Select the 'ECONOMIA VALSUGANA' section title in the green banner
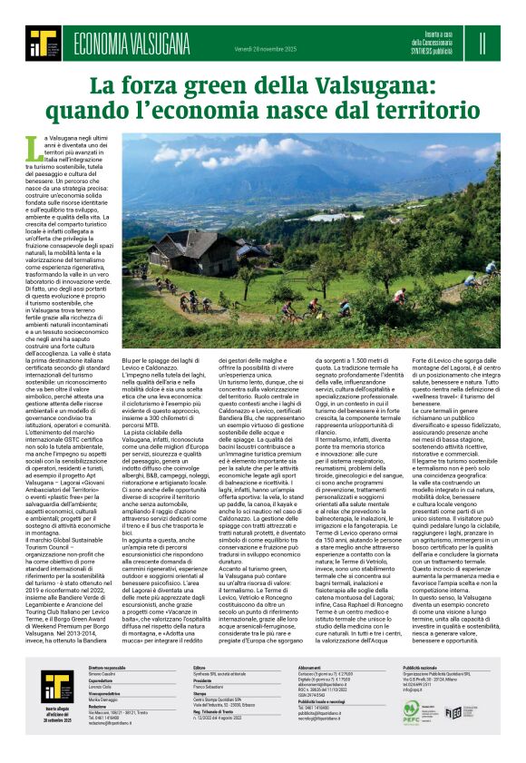[131, 43]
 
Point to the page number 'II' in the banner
[482, 43]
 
